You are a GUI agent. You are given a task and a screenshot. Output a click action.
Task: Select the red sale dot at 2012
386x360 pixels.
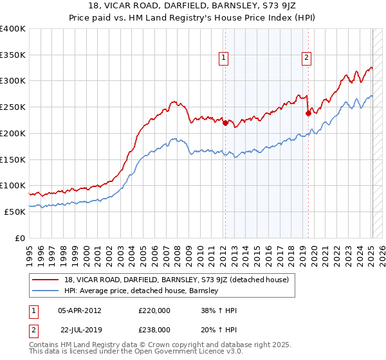pos(225,123)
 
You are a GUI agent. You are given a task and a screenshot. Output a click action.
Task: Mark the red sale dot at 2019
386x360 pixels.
pos(308,114)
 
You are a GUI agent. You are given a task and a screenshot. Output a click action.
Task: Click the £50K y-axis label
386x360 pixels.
pos(15,212)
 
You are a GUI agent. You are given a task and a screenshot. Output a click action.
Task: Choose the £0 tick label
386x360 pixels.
pos(20,238)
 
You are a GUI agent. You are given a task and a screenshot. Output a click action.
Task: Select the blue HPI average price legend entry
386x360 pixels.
pos(142,291)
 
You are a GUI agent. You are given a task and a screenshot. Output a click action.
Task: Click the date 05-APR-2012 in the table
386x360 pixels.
pos(79,310)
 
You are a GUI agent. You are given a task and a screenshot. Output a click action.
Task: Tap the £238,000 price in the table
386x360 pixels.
pos(154,329)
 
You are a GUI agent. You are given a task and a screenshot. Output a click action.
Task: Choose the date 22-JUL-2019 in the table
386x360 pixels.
pos(79,329)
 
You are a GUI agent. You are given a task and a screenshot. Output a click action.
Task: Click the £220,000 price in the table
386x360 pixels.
pos(154,310)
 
